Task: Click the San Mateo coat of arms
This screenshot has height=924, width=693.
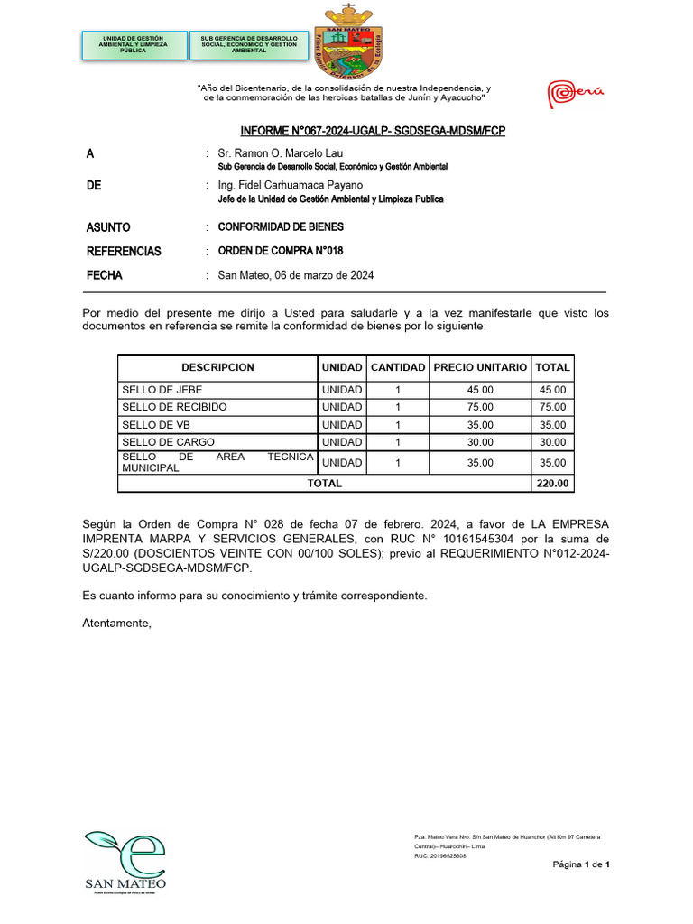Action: point(348,42)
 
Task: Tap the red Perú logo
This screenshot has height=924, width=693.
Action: point(576,93)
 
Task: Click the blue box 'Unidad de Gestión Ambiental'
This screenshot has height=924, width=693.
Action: point(134,45)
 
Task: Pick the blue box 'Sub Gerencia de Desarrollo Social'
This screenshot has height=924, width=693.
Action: point(249,45)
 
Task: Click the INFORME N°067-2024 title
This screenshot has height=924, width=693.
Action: point(373,131)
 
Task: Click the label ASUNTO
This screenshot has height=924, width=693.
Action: point(108,227)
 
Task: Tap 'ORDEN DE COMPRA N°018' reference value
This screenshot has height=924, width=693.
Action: point(281,251)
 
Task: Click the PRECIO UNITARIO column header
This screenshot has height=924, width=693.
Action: point(480,367)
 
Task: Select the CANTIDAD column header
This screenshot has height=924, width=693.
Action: point(398,367)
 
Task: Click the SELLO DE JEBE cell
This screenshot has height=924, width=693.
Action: point(162,390)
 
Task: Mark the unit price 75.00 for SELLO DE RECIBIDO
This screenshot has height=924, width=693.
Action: point(480,407)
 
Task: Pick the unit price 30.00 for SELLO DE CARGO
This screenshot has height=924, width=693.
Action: point(480,442)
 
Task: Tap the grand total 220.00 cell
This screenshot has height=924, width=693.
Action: point(552,484)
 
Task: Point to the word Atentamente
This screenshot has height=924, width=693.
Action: point(117,624)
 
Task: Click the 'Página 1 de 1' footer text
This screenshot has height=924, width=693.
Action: point(581,865)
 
